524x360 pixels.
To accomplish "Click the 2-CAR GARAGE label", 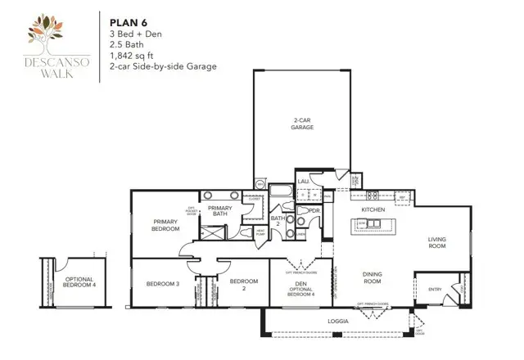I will coord(302,124).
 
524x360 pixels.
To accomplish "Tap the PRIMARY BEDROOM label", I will coord(166,225).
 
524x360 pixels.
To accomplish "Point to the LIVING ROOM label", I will coord(442,243).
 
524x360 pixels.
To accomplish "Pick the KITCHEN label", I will coord(373,210).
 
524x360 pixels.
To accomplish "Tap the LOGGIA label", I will coord(337,322).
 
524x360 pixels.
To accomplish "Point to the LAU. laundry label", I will coord(302,181).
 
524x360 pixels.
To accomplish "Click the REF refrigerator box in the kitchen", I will coord(403,196).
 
